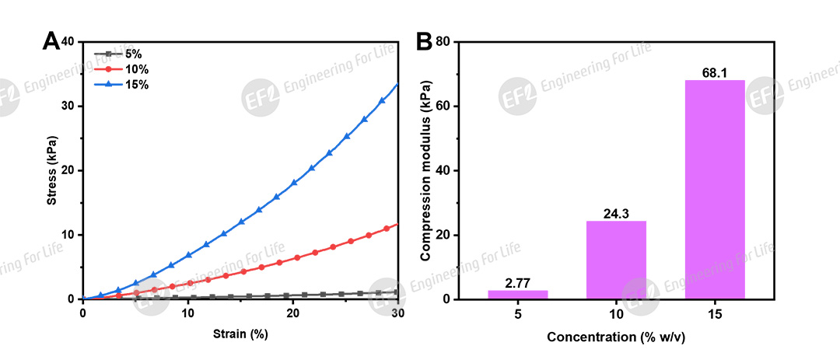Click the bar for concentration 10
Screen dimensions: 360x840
[616, 260]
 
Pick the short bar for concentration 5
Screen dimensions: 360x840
[518, 295]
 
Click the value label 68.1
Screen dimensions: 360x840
[714, 73]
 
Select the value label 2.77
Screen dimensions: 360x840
[518, 283]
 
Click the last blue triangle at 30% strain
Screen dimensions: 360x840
[397, 86]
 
